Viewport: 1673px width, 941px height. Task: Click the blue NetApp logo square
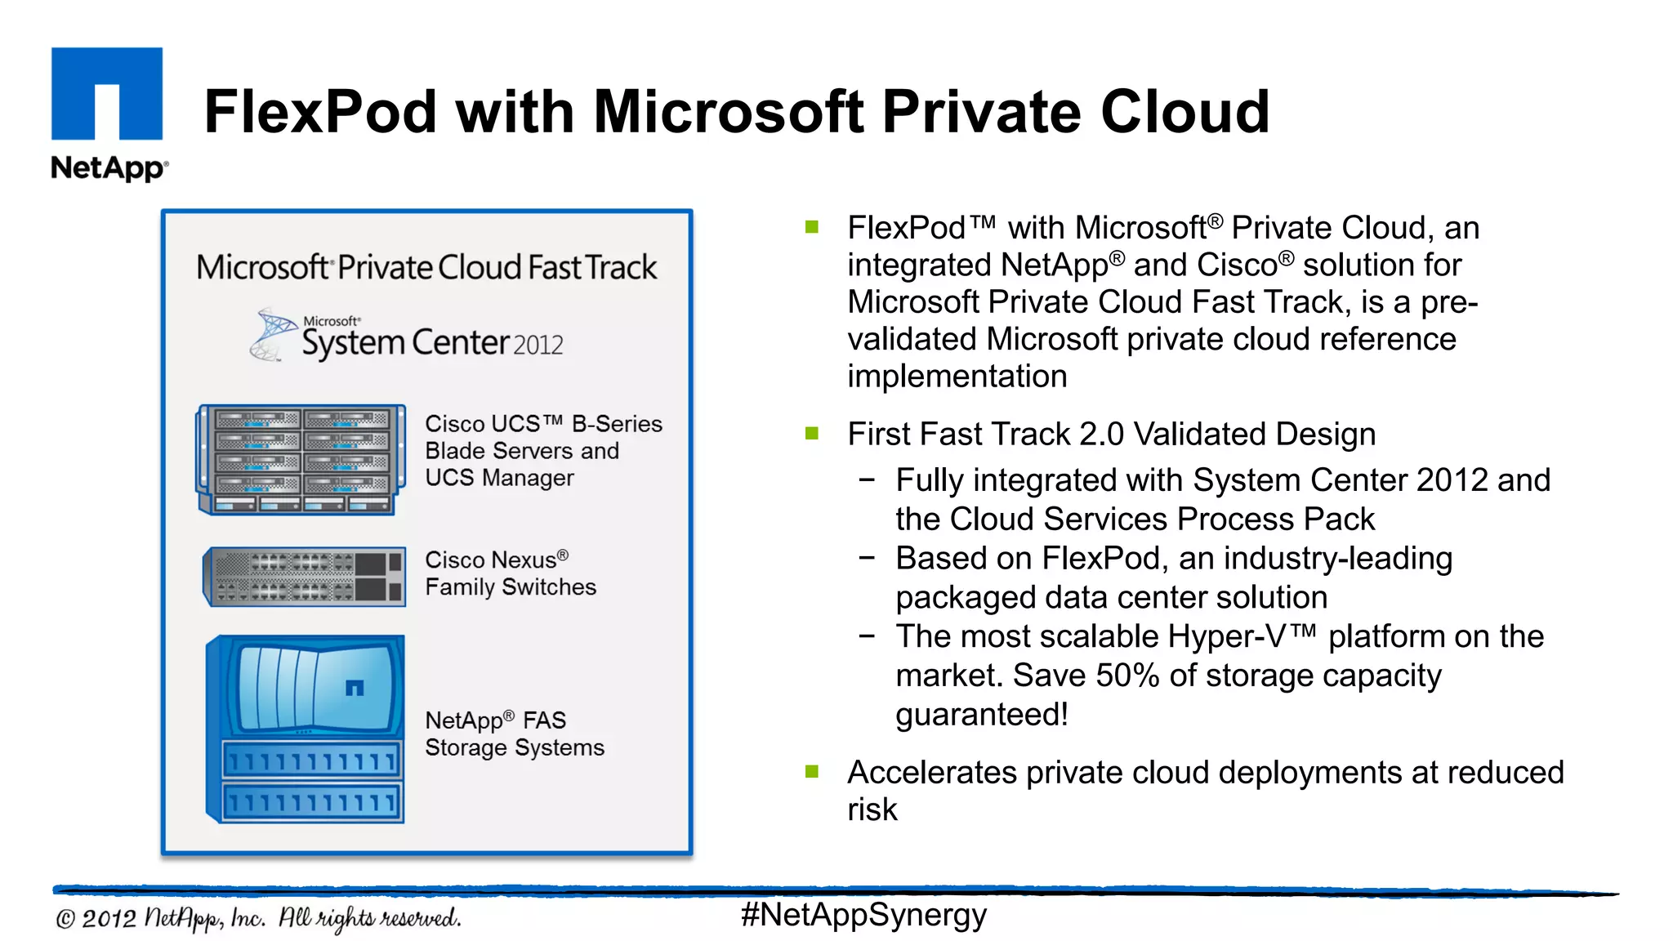pyautogui.click(x=107, y=93)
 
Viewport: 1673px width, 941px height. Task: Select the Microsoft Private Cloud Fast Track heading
pyautogui.click(x=426, y=268)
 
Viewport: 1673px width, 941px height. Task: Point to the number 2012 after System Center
pyautogui.click(x=538, y=346)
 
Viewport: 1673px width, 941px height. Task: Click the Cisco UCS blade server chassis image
pyautogui.click(x=301, y=460)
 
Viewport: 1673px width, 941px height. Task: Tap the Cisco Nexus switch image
pyautogui.click(x=304, y=577)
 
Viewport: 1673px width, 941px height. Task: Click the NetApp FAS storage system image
pyautogui.click(x=306, y=729)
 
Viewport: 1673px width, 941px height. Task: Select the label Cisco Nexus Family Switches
pyautogui.click(x=511, y=573)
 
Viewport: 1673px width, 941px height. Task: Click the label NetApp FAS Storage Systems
pyautogui.click(x=515, y=734)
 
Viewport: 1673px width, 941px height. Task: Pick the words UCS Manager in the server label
pyautogui.click(x=499, y=478)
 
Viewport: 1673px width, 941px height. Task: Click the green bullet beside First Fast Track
pyautogui.click(x=812, y=433)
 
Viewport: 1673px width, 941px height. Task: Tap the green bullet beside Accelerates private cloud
pyautogui.click(x=812, y=771)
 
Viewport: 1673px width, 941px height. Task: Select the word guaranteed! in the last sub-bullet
pyautogui.click(x=982, y=715)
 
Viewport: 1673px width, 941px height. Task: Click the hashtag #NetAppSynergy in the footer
pyautogui.click(x=863, y=915)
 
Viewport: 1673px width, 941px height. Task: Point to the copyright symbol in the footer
pyautogui.click(x=65, y=920)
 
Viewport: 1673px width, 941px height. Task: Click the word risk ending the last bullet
pyautogui.click(x=872, y=810)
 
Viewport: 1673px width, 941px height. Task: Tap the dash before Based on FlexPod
pyautogui.click(x=868, y=559)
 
